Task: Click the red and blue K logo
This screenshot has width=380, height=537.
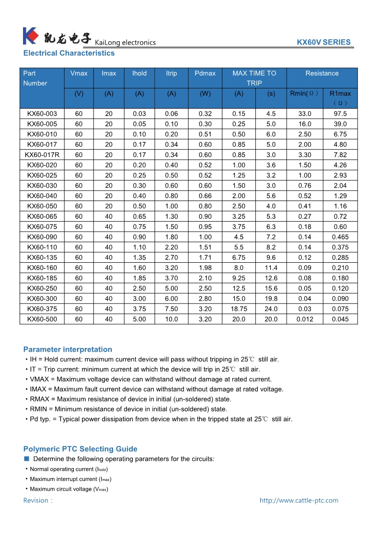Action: pyautogui.click(x=30, y=36)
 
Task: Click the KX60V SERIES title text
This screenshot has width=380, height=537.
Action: pyautogui.click(x=323, y=42)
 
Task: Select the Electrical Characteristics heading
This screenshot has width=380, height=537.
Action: pyautogui.click(x=69, y=53)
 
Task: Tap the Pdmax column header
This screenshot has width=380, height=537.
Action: pyautogui.click(x=205, y=73)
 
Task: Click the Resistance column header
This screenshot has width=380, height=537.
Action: pyautogui.click(x=322, y=73)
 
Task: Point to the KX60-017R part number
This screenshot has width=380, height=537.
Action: pyautogui.click(x=42, y=155)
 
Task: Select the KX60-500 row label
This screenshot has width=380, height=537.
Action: pyautogui.click(x=42, y=319)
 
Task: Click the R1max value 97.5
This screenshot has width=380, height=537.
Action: pyautogui.click(x=340, y=114)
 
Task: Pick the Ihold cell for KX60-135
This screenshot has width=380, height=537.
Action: pyautogui.click(x=139, y=257)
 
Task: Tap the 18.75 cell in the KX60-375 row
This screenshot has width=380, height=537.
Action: pyautogui.click(x=239, y=309)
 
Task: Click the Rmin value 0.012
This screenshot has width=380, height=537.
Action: pyautogui.click(x=304, y=319)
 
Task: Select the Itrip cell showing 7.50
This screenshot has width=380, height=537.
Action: pyautogui.click(x=172, y=309)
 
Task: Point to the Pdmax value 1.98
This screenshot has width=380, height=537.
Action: pyautogui.click(x=205, y=268)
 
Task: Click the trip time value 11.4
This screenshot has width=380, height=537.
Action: pyautogui.click(x=271, y=268)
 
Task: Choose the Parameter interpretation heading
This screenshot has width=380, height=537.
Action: pyautogui.click(x=68, y=349)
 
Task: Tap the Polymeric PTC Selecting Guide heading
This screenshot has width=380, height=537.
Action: pyautogui.click(x=81, y=449)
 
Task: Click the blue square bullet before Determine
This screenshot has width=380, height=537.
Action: pyautogui.click(x=27, y=459)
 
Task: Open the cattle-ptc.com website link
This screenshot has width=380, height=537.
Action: pyautogui.click(x=299, y=501)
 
